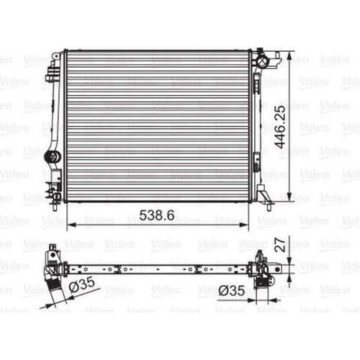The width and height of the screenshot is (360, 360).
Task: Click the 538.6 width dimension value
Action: point(157,215)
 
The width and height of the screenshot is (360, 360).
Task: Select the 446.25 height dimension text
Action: point(280,127)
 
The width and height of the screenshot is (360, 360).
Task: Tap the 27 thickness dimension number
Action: point(280,245)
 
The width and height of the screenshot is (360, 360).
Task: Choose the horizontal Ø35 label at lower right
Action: point(232,291)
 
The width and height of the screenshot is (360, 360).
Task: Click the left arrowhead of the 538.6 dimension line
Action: point(71,225)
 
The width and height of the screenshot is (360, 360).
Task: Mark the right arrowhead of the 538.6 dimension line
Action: point(243,225)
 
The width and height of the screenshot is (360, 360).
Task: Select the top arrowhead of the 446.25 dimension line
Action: point(289,56)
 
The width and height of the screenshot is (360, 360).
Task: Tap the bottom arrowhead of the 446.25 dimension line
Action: point(289,196)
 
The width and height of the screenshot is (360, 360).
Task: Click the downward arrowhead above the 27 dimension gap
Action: point(289,261)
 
